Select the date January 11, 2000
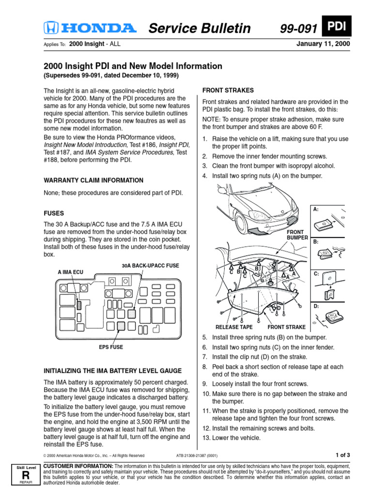[x=323, y=44]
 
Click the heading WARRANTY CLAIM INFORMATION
[x=93, y=180]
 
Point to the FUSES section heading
[x=54, y=213]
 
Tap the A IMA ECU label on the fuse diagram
[x=70, y=273]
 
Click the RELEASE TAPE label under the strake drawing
[x=234, y=327]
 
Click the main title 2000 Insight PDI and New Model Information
[x=133, y=66]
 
